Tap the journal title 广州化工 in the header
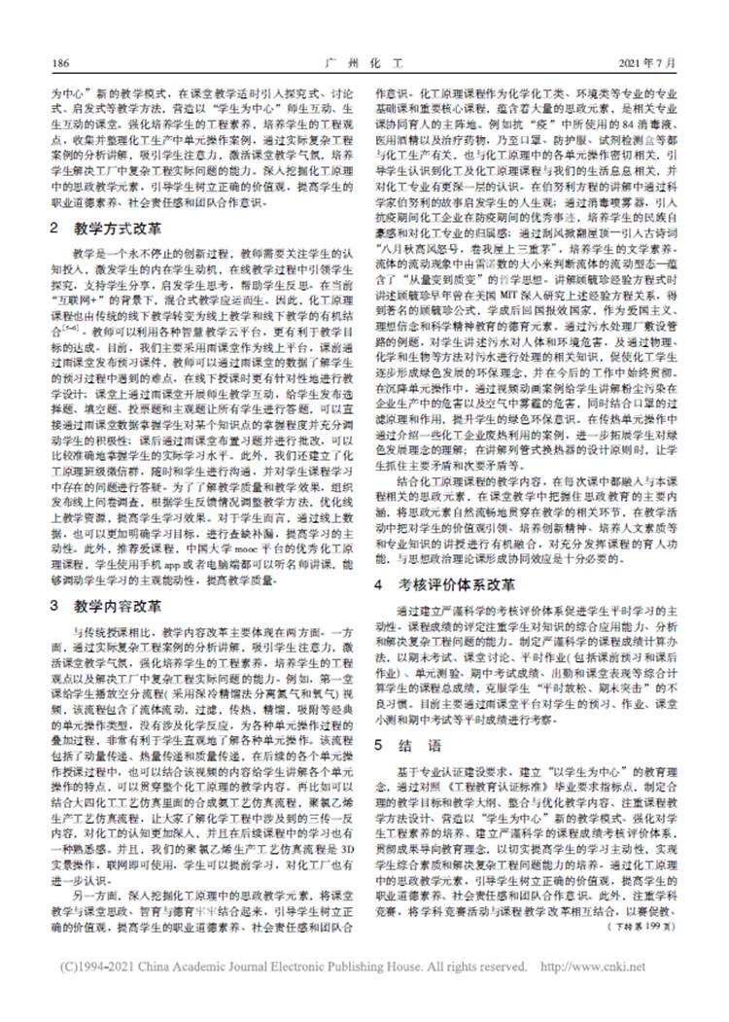tap(364, 64)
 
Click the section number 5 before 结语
tap(382, 745)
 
